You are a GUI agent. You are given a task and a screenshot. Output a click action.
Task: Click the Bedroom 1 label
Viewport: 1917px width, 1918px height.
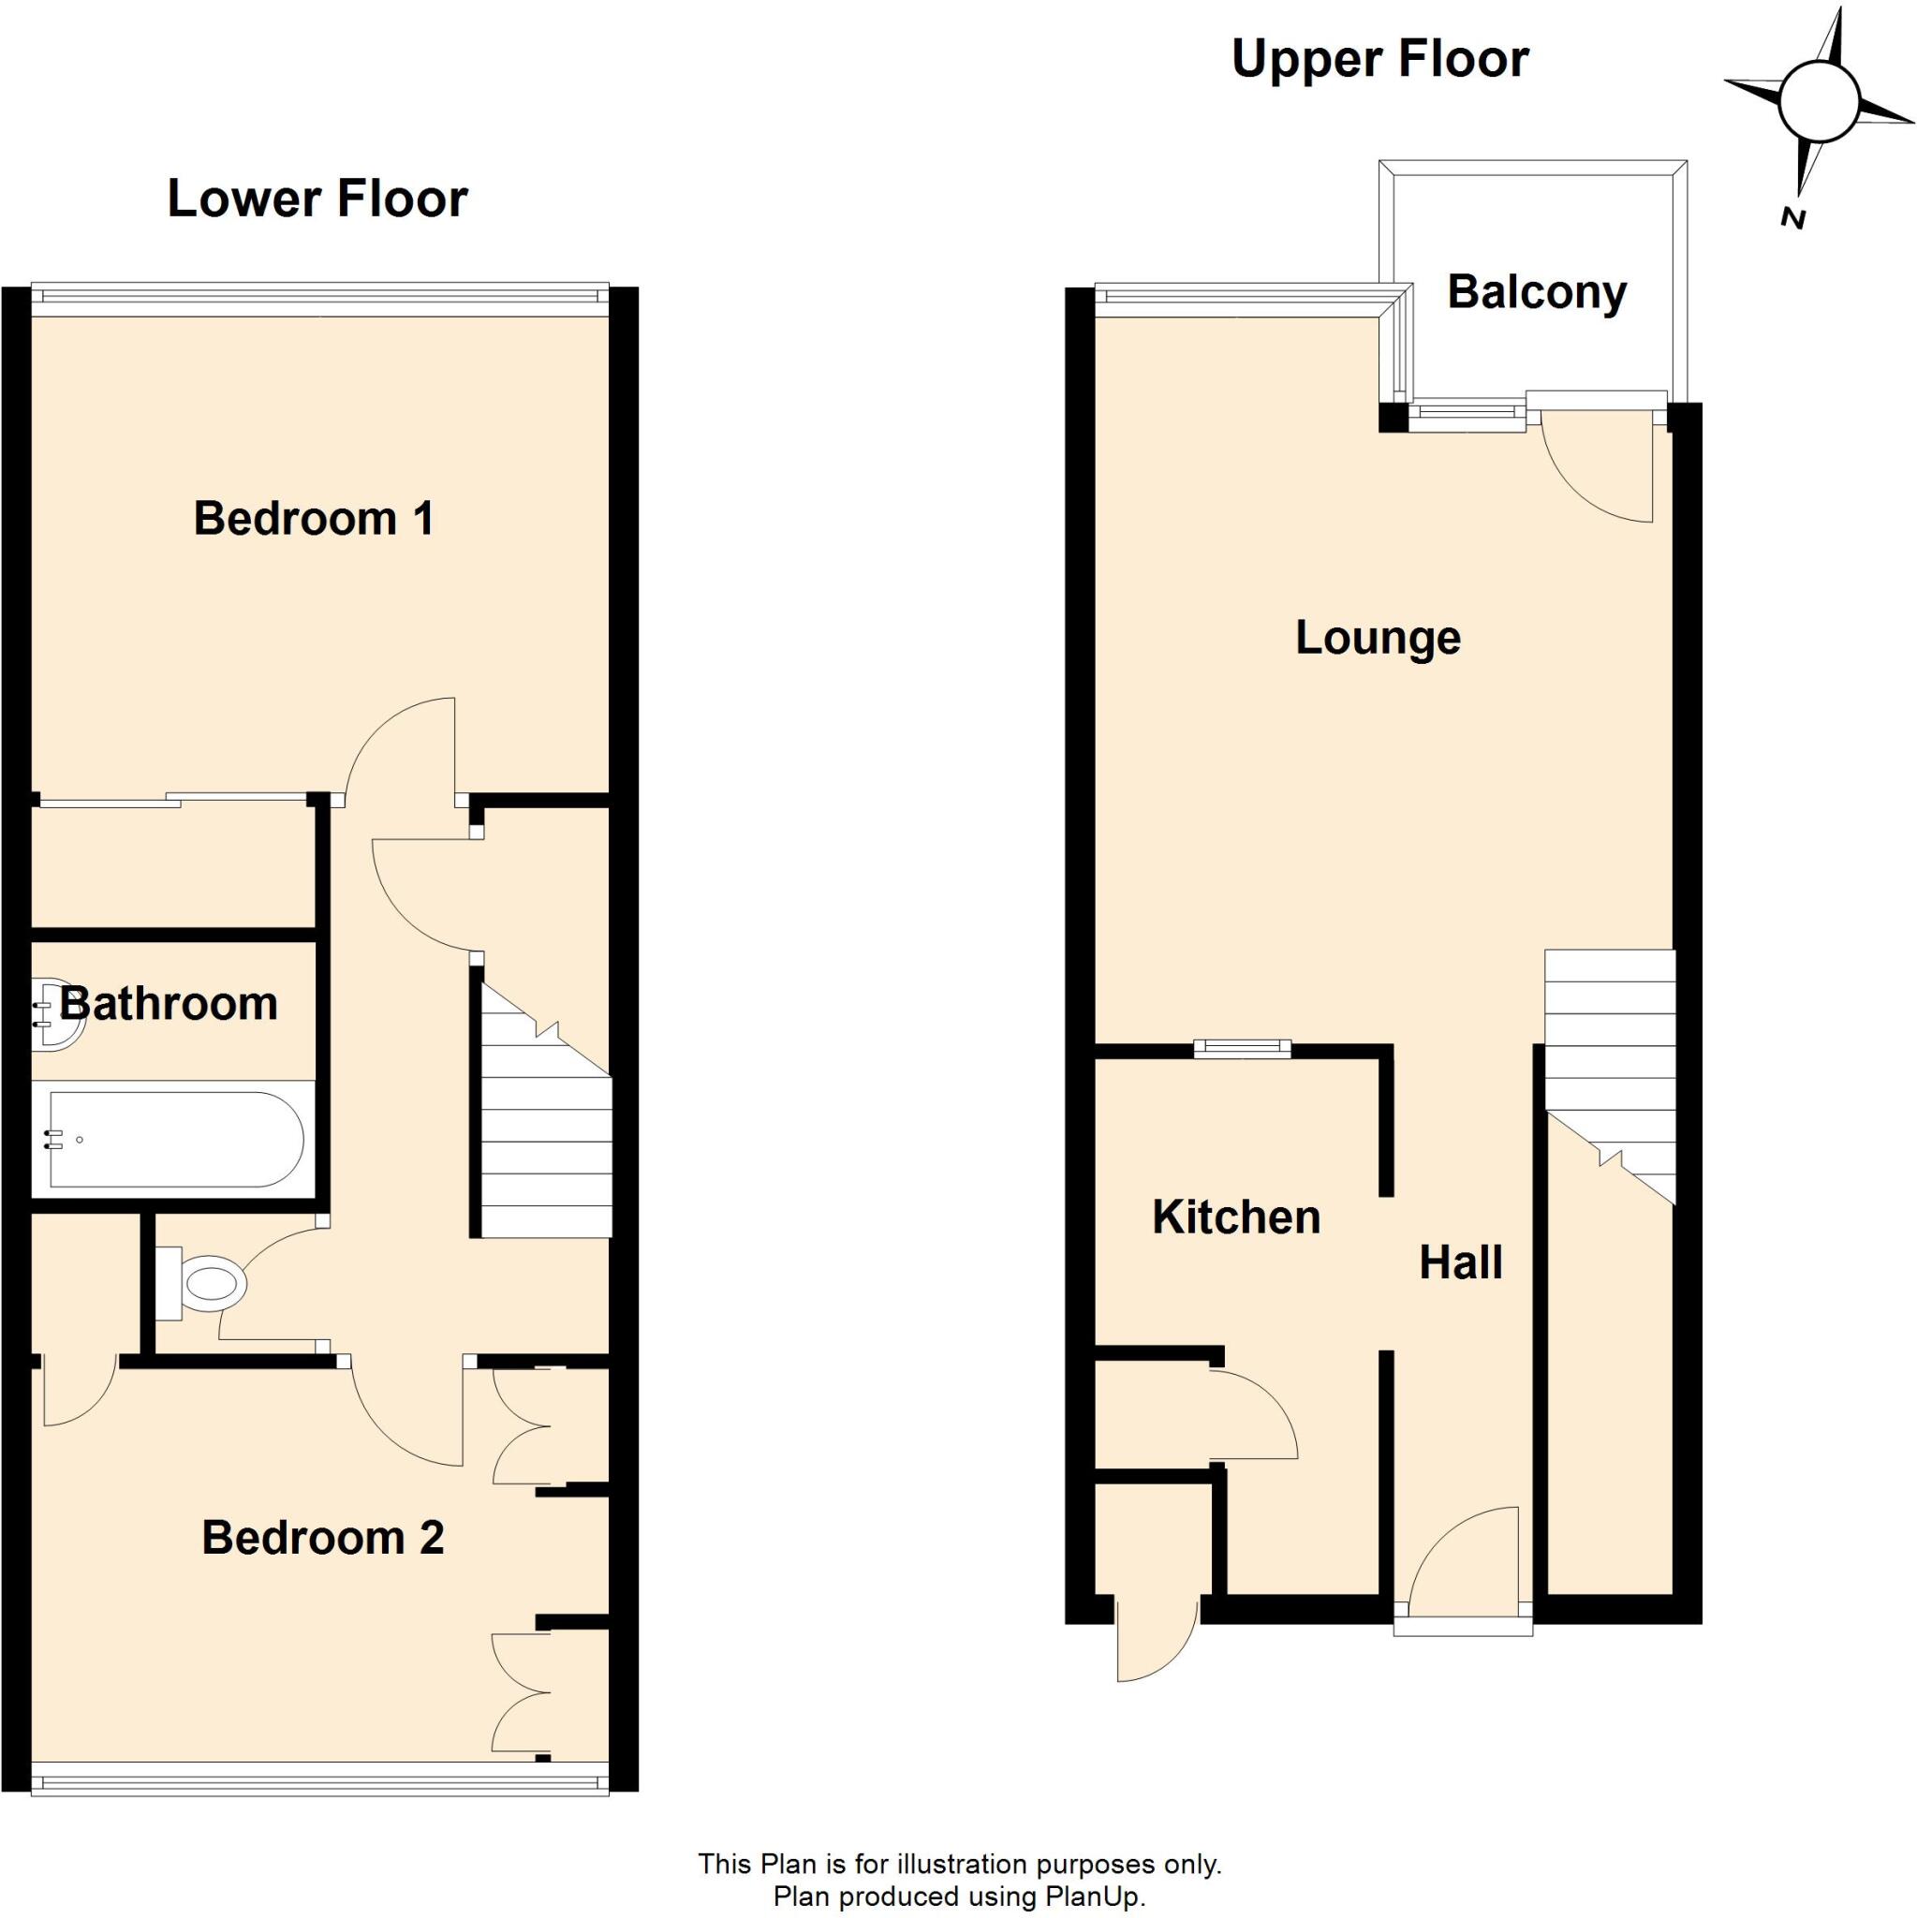pos(314,519)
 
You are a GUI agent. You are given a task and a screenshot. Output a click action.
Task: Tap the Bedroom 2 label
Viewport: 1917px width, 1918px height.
pos(323,1538)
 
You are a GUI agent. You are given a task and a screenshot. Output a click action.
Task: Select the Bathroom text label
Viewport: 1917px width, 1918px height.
pos(169,1004)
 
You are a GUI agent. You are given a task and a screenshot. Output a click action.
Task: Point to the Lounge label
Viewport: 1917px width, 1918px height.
pos(1378,638)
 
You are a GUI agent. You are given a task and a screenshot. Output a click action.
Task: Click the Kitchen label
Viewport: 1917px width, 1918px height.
pos(1236,1217)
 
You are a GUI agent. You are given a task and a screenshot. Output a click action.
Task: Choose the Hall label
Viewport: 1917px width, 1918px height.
pos(1460,1262)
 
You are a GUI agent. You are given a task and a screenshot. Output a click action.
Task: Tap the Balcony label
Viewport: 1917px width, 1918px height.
pos(1537,292)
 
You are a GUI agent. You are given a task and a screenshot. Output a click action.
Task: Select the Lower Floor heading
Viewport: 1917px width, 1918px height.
pos(317,199)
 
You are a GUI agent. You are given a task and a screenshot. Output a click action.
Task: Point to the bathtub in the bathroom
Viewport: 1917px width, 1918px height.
pos(169,1139)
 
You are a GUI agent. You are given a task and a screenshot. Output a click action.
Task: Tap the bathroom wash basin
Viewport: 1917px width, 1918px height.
pos(57,1012)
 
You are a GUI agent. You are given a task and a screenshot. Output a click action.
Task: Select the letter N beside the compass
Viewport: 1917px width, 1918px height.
pos(1792,219)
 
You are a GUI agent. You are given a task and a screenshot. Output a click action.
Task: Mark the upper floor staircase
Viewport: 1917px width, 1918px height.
pos(1609,1072)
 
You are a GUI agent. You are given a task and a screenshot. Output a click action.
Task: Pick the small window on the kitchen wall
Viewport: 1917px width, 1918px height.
pos(1242,1047)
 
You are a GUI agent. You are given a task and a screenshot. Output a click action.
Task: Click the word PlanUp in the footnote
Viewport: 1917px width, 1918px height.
pos(1094,1897)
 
